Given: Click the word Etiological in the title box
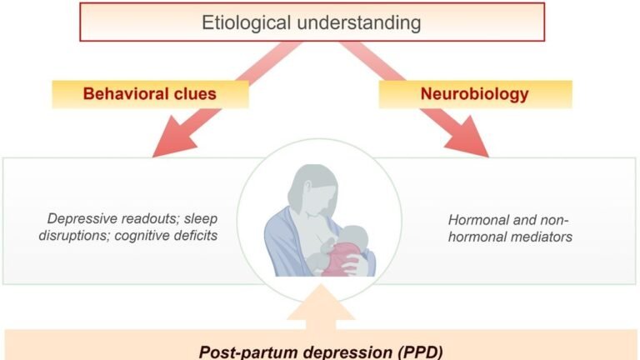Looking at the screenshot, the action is point(246,22).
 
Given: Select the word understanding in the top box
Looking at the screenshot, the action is point(359,22).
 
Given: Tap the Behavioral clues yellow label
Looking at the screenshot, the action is point(150,94).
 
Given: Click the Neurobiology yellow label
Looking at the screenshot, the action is point(475,94).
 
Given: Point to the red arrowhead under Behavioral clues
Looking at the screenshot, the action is point(173,137).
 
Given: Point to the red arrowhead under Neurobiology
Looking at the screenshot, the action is point(467,137).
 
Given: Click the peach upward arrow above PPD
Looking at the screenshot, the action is point(321,307).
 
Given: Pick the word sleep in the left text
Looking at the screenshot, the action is point(201,219).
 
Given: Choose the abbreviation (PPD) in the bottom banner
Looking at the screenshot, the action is point(420,352).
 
